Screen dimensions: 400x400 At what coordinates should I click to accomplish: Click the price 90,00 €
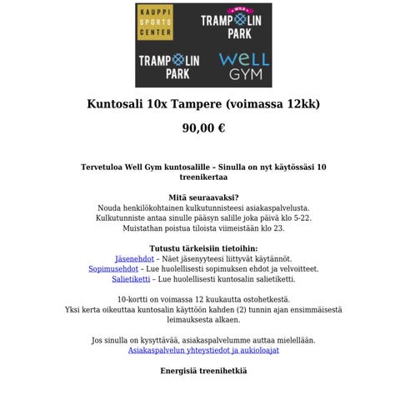tap(203, 128)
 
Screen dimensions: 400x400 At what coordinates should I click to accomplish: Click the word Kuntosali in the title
tap(114, 105)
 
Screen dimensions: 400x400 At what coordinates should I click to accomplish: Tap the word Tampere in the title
tap(196, 105)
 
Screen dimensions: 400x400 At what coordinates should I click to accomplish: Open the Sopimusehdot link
tap(112, 269)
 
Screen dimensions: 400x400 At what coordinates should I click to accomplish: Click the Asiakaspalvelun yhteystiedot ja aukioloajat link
tap(203, 351)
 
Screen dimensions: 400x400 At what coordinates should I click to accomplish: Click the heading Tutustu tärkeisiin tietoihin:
tap(203, 248)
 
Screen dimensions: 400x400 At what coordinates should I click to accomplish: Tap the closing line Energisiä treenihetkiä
tap(203, 371)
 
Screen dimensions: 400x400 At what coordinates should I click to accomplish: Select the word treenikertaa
tap(203, 177)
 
